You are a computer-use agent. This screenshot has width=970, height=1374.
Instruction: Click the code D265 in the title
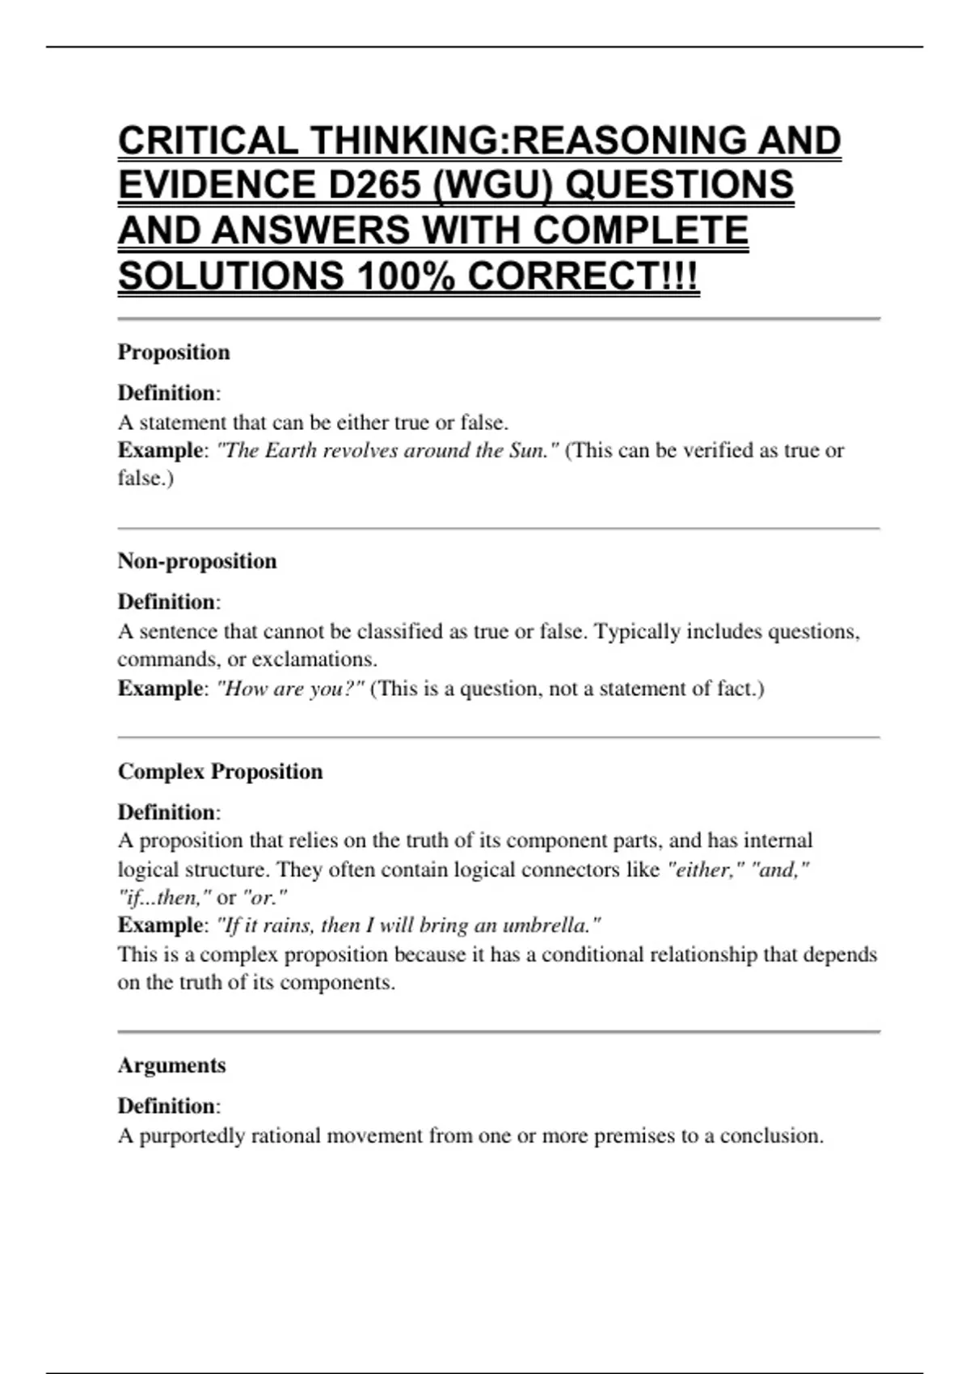[x=374, y=185]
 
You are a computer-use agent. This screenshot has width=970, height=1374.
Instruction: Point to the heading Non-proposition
[x=197, y=561]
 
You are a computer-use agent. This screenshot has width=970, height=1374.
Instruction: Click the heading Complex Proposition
[x=220, y=771]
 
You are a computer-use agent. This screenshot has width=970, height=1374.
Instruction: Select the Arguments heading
[x=171, y=1065]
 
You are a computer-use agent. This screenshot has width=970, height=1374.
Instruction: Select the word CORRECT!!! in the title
[x=583, y=276]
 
